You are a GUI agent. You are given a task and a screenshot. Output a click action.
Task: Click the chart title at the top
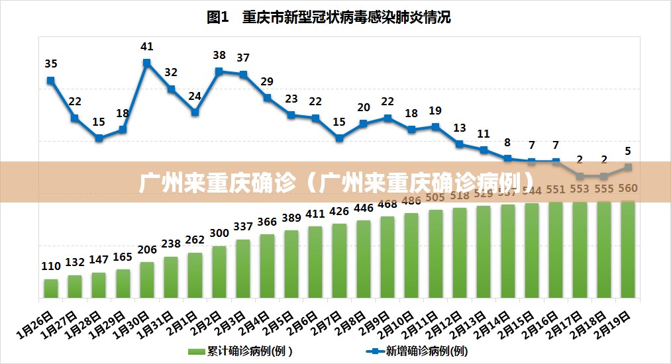click(329, 17)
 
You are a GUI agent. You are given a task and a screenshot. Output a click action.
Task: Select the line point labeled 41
click(146, 63)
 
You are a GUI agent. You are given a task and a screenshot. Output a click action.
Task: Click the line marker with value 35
click(51, 81)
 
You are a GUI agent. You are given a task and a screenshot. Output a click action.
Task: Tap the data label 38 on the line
click(219, 56)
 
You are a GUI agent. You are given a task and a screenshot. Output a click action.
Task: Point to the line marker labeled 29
click(267, 97)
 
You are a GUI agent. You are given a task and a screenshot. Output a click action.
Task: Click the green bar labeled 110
click(51, 288)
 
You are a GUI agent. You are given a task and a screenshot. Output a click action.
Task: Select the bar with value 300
click(219, 271)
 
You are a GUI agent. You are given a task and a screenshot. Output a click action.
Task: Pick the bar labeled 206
click(147, 279)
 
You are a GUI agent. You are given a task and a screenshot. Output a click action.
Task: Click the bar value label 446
click(363, 208)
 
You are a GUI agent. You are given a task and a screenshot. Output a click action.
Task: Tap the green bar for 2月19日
click(628, 249)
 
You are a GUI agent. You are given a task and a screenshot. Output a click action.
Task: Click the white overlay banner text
click(336, 181)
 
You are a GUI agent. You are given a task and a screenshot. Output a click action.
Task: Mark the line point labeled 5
click(628, 167)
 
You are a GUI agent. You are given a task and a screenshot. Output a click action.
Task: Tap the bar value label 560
click(628, 189)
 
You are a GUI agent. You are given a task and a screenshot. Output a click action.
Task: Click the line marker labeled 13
click(459, 144)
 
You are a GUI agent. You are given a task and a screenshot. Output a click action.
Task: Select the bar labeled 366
click(267, 265)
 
